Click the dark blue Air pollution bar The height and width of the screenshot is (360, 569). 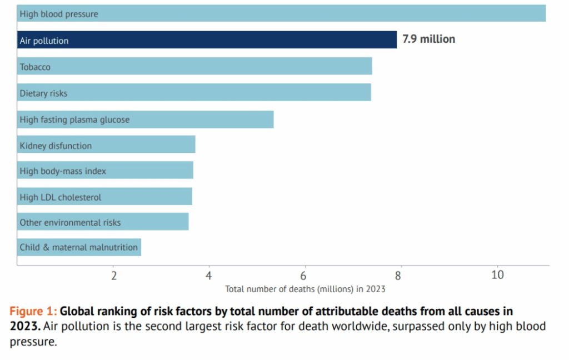(207, 40)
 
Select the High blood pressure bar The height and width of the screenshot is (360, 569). (281, 13)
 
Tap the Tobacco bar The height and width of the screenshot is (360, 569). (194, 66)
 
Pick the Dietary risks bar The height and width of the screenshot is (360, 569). (194, 92)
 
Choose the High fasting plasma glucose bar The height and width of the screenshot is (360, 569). (145, 119)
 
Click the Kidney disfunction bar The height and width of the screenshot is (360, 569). (106, 145)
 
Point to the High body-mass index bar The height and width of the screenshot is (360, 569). (105, 171)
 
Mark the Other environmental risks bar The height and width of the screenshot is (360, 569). (103, 222)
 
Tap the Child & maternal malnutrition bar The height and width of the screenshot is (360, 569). (79, 247)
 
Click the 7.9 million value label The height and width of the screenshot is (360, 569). (428, 39)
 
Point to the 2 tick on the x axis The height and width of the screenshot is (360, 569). (114, 276)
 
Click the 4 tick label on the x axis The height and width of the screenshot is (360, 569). (209, 276)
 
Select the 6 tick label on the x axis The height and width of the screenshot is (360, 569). (304, 276)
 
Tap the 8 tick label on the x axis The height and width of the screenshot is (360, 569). (399, 276)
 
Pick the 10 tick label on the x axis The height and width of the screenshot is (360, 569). (497, 276)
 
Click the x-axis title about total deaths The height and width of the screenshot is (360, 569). (305, 289)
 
